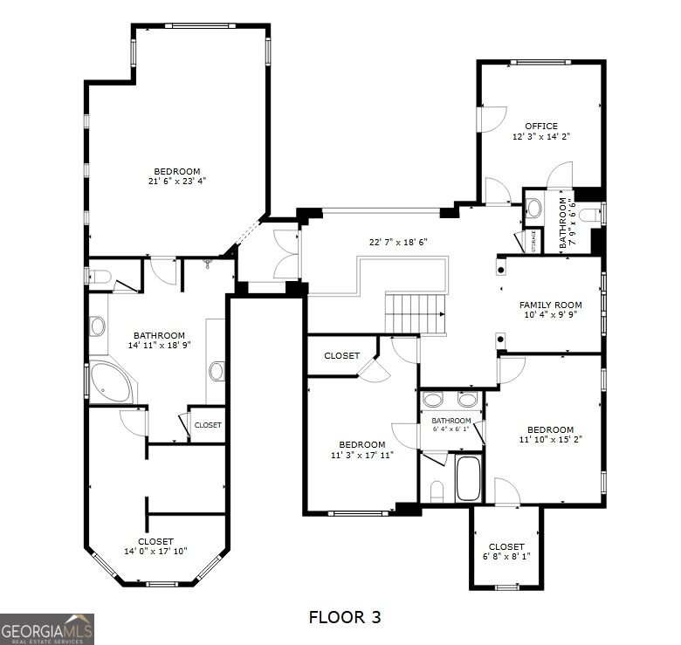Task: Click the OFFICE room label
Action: [x=541, y=127]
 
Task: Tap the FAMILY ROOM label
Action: [x=550, y=305]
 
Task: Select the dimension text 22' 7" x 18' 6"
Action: [x=398, y=242]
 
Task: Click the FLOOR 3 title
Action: [x=345, y=617]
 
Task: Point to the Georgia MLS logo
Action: [x=47, y=629]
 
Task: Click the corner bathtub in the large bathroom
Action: [x=110, y=382]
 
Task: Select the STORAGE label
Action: [x=533, y=242]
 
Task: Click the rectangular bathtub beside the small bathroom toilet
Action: [x=468, y=478]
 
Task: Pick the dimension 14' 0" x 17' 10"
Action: [x=155, y=552]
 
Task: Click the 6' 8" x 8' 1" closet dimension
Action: [x=506, y=556]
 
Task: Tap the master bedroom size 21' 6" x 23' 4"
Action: [x=177, y=181]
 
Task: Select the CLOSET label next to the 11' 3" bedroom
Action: [x=341, y=356]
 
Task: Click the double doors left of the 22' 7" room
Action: [x=286, y=254]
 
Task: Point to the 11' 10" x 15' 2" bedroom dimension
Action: [x=550, y=439]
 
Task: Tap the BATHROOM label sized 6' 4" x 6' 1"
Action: [x=451, y=421]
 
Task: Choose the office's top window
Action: [x=540, y=63]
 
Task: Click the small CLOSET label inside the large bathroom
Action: [x=208, y=425]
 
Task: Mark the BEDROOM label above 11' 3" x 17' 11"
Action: [x=361, y=445]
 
